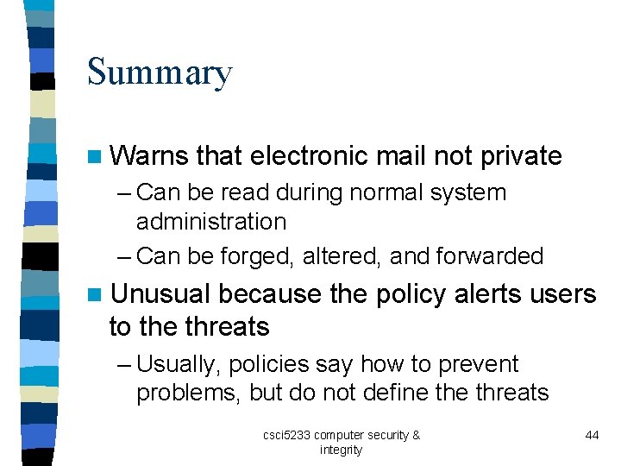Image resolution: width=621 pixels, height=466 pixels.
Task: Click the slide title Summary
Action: pyautogui.click(x=160, y=73)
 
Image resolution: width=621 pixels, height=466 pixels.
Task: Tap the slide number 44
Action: pyautogui.click(x=592, y=435)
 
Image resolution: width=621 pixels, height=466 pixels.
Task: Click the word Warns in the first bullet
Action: pyautogui.click(x=149, y=156)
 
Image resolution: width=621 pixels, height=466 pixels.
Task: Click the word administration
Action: pyautogui.click(x=211, y=222)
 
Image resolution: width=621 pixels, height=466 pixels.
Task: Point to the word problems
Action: pyautogui.click(x=189, y=393)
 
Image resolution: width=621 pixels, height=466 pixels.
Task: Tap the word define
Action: pyautogui.click(x=396, y=393)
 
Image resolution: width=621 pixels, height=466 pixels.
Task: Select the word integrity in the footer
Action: pyautogui.click(x=341, y=450)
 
